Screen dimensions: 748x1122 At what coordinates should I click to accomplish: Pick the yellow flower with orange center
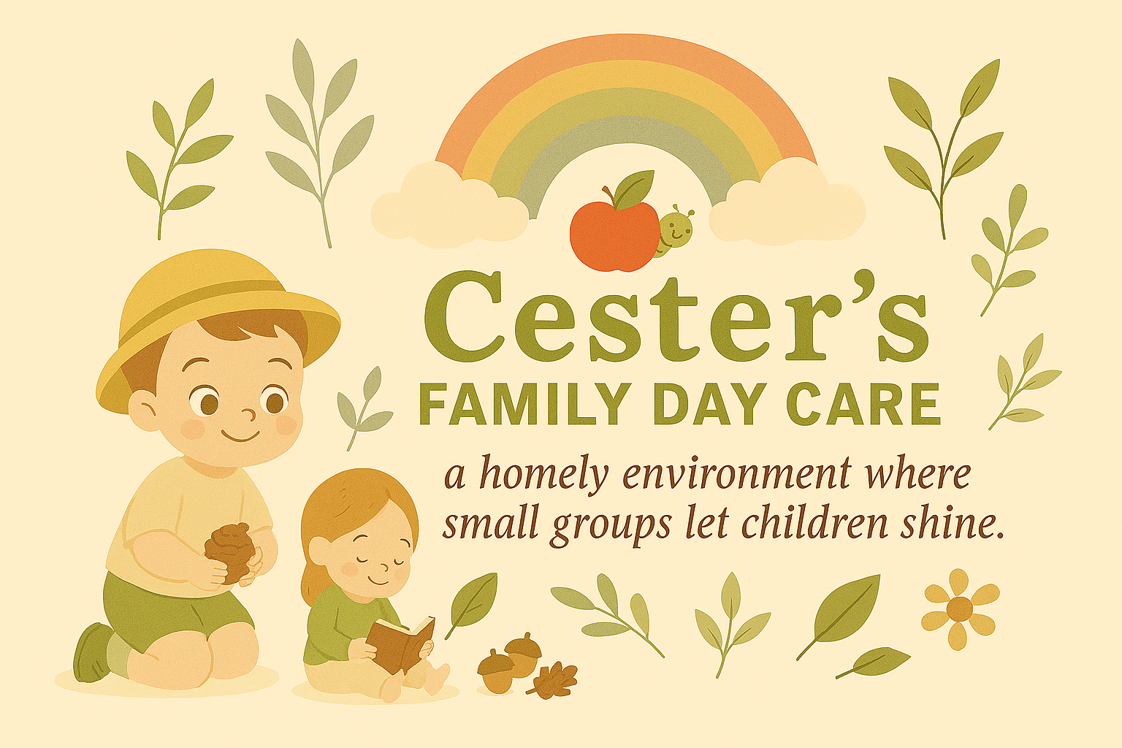960,608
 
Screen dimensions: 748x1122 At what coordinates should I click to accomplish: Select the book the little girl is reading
400,642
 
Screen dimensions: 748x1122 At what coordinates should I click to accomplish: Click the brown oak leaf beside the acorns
553,680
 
